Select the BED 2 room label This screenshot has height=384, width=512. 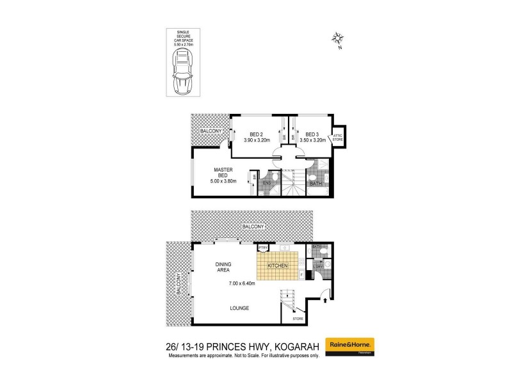coord(248,134)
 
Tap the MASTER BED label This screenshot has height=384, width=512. coord(223,173)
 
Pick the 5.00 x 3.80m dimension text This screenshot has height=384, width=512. coord(223,182)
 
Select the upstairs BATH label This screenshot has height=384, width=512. coord(315,184)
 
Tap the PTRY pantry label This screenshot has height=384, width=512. coord(262,247)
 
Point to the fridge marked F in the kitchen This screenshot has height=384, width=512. coord(301,275)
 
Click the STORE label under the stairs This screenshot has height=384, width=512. coord(298,318)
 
